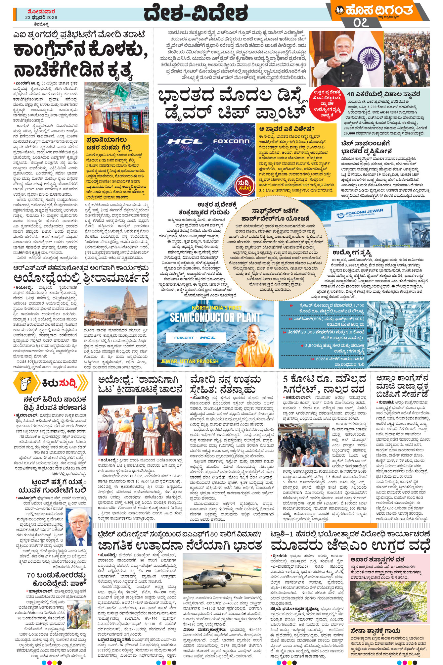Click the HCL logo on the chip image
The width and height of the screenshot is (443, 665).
(x=185, y=141)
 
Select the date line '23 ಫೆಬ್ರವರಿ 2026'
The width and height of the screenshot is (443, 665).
(x=41, y=18)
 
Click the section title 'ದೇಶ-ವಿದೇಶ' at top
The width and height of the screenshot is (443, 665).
(x=196, y=14)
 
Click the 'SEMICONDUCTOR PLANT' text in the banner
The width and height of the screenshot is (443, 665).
(x=215, y=317)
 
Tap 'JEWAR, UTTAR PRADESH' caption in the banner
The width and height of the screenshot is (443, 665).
(x=190, y=361)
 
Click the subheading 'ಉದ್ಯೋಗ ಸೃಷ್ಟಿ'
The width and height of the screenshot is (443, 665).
(x=352, y=253)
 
